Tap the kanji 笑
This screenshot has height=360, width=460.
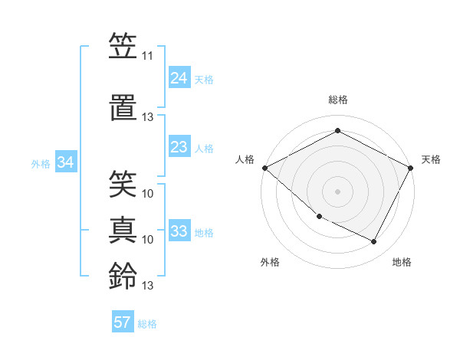click(x=123, y=183)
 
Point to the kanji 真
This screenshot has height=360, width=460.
click(x=123, y=229)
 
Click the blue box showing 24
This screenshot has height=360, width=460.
click(x=179, y=78)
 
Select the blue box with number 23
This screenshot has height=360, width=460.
click(x=179, y=147)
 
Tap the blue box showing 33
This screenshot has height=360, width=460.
click(x=179, y=231)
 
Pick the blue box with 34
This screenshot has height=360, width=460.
click(x=66, y=162)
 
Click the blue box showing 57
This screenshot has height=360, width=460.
click(x=123, y=322)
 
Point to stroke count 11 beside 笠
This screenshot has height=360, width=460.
click(x=147, y=57)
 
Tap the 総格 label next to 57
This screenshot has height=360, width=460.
click(x=147, y=324)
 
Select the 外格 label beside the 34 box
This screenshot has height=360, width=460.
click(x=41, y=164)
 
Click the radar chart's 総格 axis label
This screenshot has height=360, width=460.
click(x=337, y=100)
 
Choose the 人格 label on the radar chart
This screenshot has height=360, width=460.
click(x=245, y=159)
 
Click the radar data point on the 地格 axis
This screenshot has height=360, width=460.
click(x=374, y=242)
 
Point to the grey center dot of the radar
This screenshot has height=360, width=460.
click(x=337, y=191)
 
